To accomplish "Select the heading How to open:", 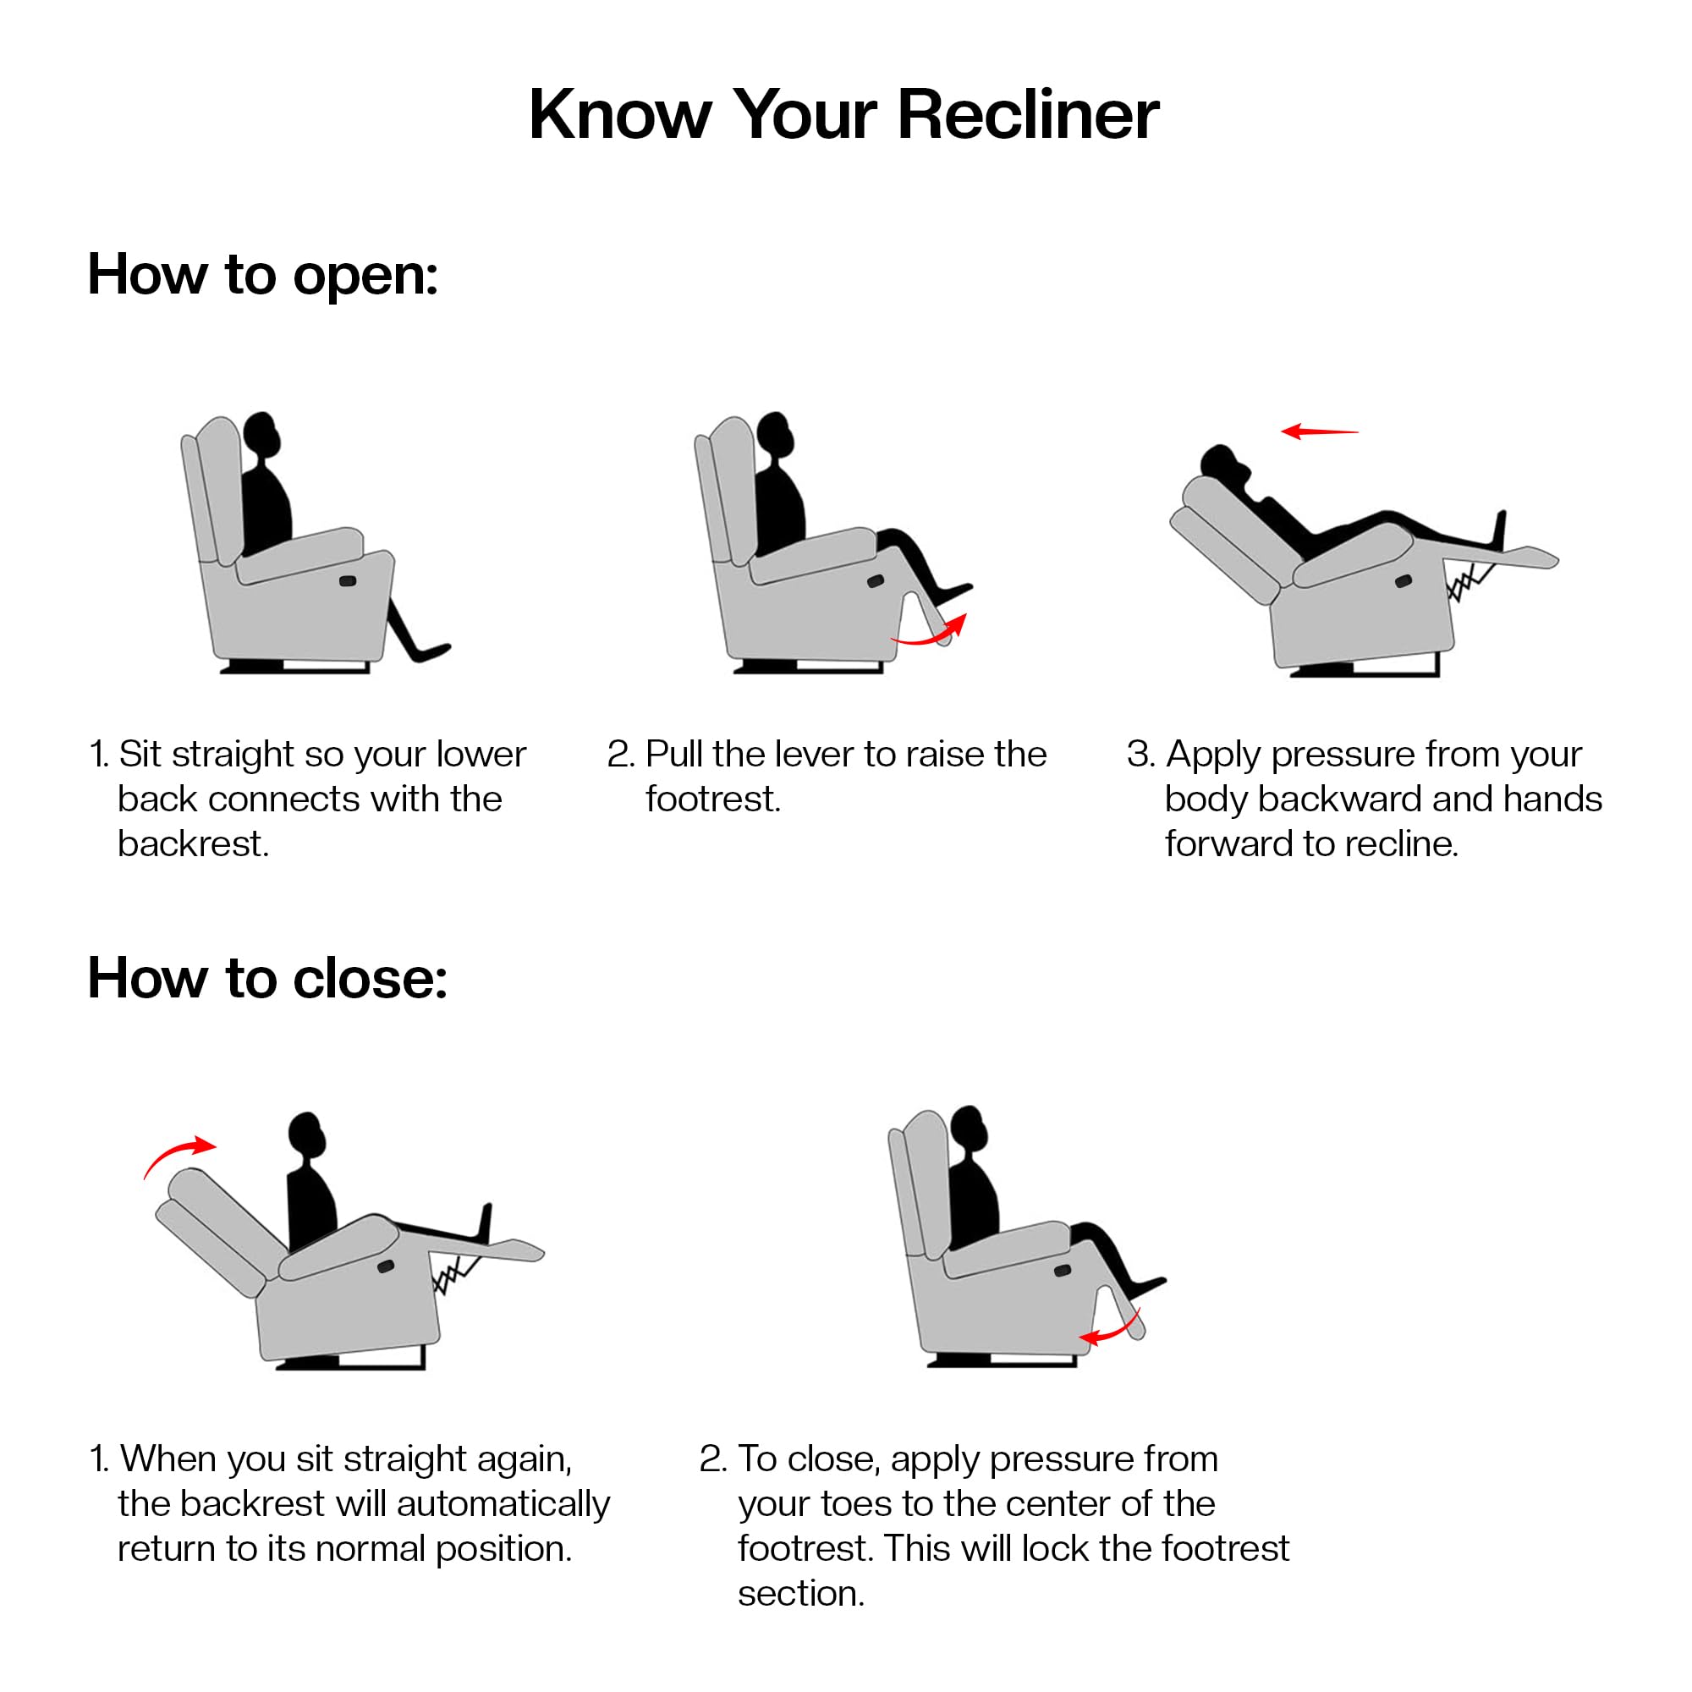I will click(262, 275).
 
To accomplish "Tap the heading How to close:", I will click(267, 978).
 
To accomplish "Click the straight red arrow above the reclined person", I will click(1319, 431).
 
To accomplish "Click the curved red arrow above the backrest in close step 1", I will click(179, 1153).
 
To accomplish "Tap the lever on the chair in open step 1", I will click(348, 580).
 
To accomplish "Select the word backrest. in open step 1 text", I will click(193, 844).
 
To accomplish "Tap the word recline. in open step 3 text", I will click(1400, 844).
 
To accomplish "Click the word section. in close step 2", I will click(800, 1594).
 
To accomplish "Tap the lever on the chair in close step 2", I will click(1063, 1271).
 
